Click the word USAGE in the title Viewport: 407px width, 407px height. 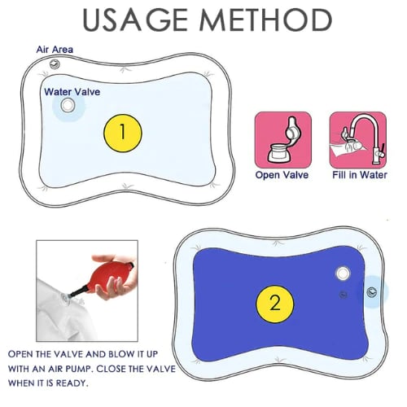click(x=134, y=20)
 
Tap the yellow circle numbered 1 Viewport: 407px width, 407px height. click(x=123, y=133)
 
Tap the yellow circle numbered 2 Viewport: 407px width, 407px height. click(x=274, y=304)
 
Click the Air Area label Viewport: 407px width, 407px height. click(x=55, y=50)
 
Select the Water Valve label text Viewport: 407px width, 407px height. click(x=72, y=92)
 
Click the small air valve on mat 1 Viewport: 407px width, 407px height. click(x=55, y=64)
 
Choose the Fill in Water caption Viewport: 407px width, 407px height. click(x=358, y=175)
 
